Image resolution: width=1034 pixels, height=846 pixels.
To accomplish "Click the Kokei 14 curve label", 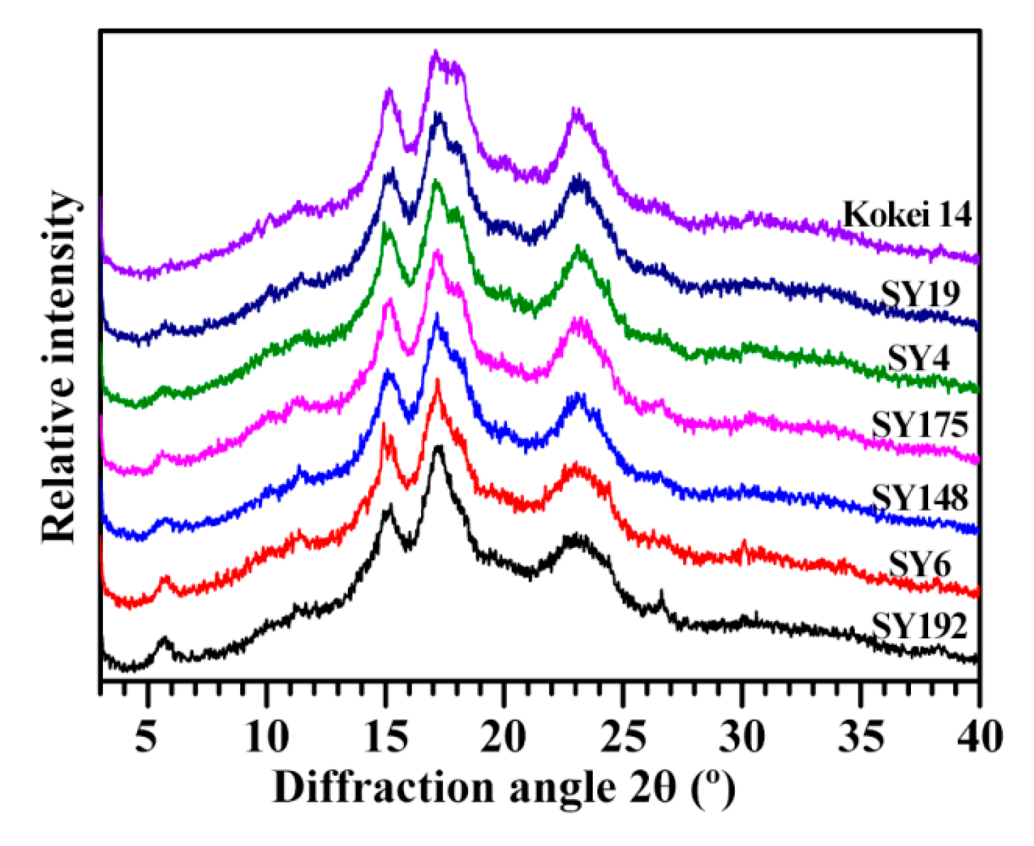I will pyautogui.click(x=907, y=215).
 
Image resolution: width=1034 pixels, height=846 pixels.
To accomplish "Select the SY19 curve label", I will pyautogui.click(x=920, y=295).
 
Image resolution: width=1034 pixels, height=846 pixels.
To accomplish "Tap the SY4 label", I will pyautogui.click(x=918, y=359).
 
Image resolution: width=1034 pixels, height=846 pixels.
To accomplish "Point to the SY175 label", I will pyautogui.click(x=920, y=424).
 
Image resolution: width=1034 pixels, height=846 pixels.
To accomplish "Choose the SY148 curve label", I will pyautogui.click(x=920, y=497).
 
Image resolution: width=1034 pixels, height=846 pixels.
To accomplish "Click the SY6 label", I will pyautogui.click(x=920, y=565).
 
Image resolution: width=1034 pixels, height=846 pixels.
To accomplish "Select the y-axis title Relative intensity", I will pyautogui.click(x=60, y=366).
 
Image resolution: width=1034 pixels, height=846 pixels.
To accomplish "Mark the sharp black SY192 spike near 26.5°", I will pyautogui.click(x=661, y=593).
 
